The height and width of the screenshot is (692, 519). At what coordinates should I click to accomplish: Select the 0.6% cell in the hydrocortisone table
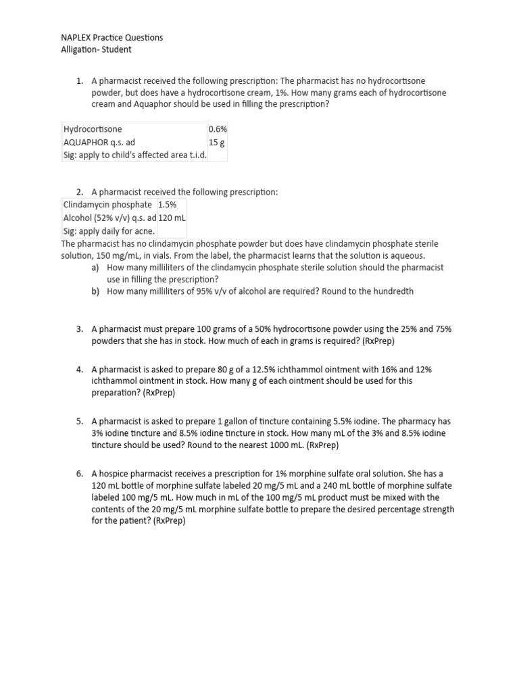point(218,129)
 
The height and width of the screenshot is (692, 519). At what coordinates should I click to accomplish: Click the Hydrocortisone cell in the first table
point(93,129)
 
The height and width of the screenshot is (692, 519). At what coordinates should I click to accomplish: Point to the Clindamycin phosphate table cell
point(107,204)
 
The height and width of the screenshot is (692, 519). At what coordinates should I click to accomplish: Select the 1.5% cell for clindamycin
point(167,204)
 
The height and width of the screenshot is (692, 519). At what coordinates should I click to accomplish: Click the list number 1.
point(80,81)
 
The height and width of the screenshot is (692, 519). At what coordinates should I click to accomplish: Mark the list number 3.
point(80,329)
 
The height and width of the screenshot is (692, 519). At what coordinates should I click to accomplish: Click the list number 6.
point(80,474)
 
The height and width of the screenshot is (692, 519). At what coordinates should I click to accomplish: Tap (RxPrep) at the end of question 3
point(378,341)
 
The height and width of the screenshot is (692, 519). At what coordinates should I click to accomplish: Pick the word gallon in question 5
point(221,421)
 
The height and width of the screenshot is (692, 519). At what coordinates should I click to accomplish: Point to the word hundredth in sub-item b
point(390,291)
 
